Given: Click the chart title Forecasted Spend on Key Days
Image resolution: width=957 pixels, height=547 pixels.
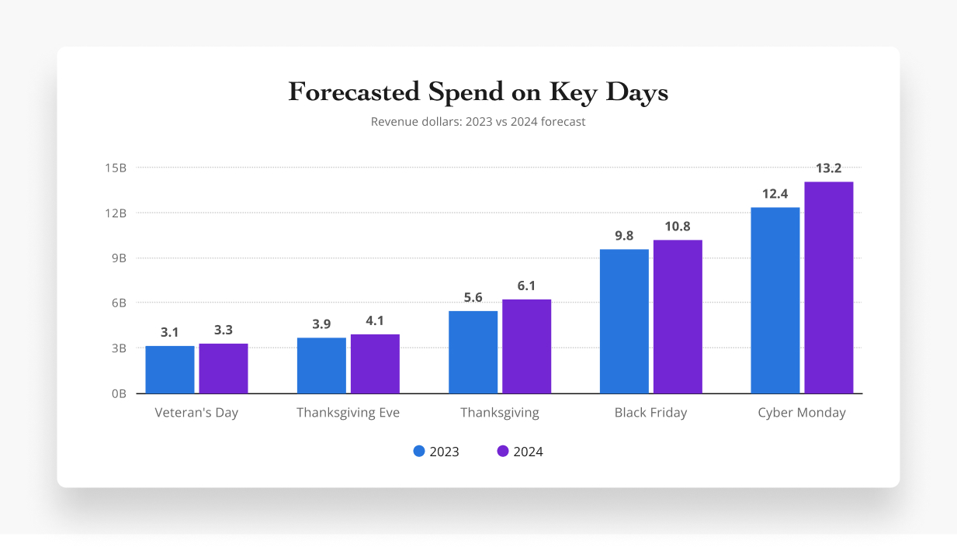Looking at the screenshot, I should pos(478,92).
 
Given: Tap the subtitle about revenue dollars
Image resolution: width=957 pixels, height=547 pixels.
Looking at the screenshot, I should pos(478,122).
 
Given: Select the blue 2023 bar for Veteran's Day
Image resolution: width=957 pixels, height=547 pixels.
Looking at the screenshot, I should pos(170,369).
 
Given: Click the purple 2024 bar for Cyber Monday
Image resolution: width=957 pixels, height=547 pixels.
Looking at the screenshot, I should pos(828,287).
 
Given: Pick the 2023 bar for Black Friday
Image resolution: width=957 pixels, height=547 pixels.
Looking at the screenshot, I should pos(624,321).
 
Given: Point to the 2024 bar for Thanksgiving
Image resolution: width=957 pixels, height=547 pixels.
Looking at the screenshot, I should pos(526,346).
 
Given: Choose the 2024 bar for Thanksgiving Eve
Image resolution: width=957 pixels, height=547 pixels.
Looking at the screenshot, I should pos(375,363).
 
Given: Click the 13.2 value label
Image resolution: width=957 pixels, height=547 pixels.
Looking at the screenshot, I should pos(828,168).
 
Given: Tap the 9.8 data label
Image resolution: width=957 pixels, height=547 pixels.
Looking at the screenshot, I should pos(624,235).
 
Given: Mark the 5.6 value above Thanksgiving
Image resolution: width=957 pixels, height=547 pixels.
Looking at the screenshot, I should pos(473,297).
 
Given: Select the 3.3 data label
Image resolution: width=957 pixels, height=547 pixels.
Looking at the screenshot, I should pos(223,330).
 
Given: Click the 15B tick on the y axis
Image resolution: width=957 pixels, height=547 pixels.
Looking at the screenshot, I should pos(119,168).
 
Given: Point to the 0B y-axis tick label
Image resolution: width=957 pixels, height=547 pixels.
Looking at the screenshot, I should pos(119,393).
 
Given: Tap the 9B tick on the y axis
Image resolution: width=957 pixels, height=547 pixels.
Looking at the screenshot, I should pos(119,258).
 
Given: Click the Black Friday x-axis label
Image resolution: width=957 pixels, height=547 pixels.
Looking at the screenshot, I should pos(650,413).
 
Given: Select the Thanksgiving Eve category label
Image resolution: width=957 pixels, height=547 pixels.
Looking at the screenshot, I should pos(348,413).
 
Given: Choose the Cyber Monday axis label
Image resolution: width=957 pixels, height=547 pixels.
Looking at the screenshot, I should pos(802,413).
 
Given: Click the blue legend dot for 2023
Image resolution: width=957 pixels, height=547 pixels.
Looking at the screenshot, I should pos(420,451).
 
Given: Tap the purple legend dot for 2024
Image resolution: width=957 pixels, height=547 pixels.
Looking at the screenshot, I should pos(503,451).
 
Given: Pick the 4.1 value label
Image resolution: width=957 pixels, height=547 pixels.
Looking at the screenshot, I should pos(375,320).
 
